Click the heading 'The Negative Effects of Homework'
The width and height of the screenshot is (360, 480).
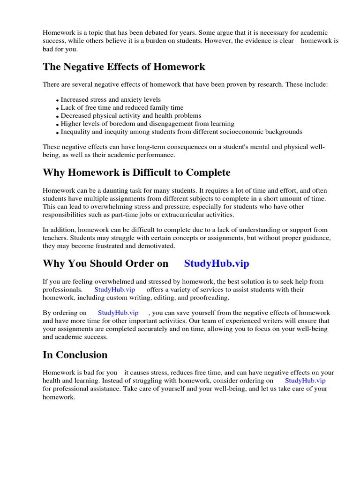point(124,67)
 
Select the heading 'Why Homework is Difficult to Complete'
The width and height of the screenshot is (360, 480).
point(136,172)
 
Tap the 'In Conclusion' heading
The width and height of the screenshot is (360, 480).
point(75,354)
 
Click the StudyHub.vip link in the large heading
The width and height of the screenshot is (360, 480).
point(217,263)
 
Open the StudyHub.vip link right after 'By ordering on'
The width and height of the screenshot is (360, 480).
point(118,313)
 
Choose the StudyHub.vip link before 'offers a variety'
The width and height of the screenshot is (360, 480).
point(115,290)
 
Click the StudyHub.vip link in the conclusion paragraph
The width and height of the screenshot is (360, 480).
point(305,381)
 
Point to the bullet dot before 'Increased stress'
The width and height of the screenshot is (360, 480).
point(58,100)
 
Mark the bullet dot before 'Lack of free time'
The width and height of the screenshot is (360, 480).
point(58,108)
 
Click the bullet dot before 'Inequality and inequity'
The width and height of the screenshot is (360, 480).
point(58,133)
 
